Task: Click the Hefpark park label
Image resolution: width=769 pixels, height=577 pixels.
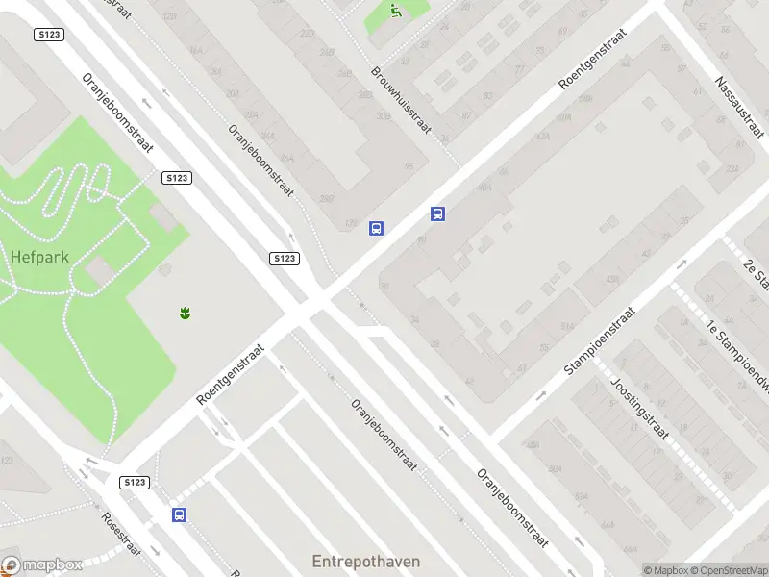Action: click(x=37, y=257)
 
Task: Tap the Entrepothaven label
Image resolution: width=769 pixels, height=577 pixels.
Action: click(x=366, y=561)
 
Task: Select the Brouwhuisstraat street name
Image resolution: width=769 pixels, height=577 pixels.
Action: click(x=401, y=100)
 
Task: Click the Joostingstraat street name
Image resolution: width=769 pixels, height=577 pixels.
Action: click(x=639, y=408)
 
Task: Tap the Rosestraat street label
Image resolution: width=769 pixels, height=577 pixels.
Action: click(x=122, y=535)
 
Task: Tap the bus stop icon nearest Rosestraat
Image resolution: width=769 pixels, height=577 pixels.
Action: click(x=179, y=514)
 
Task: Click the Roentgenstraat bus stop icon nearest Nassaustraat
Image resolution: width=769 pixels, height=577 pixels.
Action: click(x=437, y=214)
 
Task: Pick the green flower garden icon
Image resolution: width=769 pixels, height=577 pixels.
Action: click(x=184, y=312)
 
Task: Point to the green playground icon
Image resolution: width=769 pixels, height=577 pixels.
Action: click(x=395, y=11)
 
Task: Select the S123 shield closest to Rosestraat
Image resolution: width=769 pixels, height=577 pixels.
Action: click(x=135, y=481)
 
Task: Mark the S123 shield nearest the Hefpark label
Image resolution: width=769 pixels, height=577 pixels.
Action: click(x=177, y=178)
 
